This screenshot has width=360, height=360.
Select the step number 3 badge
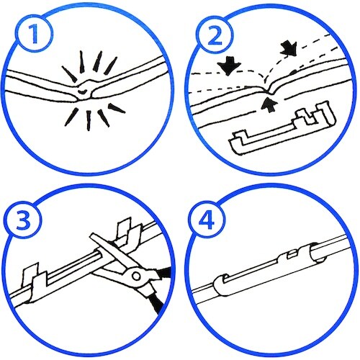click(x=23, y=220)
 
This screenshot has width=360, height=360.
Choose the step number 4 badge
click(x=207, y=220)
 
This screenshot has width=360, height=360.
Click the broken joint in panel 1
click(x=85, y=90)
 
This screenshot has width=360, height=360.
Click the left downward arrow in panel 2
click(x=229, y=65)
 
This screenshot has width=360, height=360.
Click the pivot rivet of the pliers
click(x=136, y=276)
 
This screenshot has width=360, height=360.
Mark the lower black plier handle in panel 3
click(x=154, y=304)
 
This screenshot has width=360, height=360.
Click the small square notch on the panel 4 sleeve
click(x=292, y=254)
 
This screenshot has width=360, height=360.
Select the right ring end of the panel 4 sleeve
click(x=317, y=253)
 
